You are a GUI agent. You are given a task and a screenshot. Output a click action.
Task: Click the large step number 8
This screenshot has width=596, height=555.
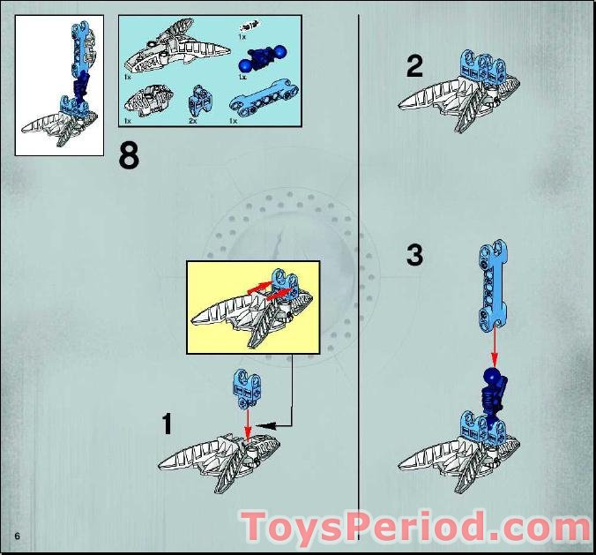129,156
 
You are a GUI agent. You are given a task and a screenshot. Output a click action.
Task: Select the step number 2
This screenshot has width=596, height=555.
415,67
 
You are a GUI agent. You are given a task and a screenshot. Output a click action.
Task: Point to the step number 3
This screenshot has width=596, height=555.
415,256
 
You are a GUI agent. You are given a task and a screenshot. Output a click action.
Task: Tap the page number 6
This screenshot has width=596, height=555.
17,537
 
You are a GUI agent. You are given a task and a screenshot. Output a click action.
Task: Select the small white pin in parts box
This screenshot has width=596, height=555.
250,26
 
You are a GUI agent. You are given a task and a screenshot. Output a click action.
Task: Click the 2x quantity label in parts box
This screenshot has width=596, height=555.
193,121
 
